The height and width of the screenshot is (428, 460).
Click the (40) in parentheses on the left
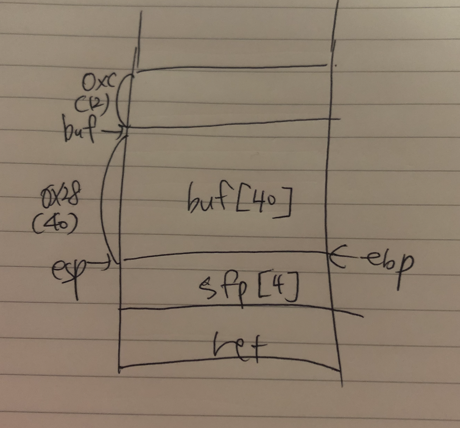pyautogui.click(x=55, y=224)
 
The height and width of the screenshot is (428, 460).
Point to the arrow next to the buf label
pyautogui.click(x=113, y=132)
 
